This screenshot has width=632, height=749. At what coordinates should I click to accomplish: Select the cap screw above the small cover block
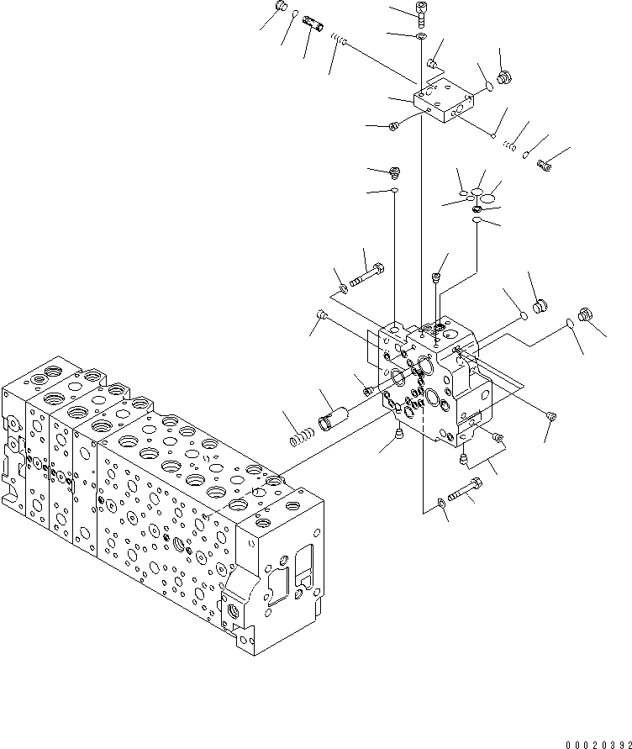click(x=420, y=11)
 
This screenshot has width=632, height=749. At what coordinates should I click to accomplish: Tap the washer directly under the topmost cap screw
click(x=420, y=37)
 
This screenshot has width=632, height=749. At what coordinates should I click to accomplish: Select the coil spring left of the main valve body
click(x=300, y=437)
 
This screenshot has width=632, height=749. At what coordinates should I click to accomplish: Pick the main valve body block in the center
click(x=433, y=378)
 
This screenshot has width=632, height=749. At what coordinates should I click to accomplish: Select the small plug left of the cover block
click(x=393, y=127)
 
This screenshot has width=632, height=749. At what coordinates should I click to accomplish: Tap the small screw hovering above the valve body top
click(x=436, y=277)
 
